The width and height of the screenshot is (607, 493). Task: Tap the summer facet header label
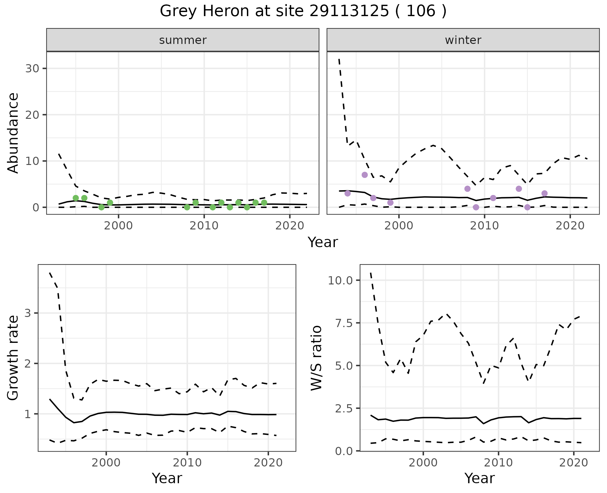tap(183, 40)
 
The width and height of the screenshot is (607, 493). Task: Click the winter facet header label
tap(463, 40)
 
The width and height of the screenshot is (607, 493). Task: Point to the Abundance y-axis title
tap(13, 133)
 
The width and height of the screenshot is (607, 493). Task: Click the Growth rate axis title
tap(13, 358)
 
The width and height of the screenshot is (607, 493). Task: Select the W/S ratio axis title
tap(316, 358)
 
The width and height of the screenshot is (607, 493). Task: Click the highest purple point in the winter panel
tap(365, 175)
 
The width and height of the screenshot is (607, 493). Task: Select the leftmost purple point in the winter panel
tap(347, 193)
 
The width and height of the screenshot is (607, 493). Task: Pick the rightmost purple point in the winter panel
tap(544, 193)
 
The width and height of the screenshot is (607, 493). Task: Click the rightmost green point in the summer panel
tap(264, 203)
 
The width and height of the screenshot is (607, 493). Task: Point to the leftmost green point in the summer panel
tap(76, 198)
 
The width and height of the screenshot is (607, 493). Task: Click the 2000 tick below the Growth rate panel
tap(106, 463)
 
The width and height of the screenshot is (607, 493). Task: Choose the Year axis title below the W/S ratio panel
tap(479, 478)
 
